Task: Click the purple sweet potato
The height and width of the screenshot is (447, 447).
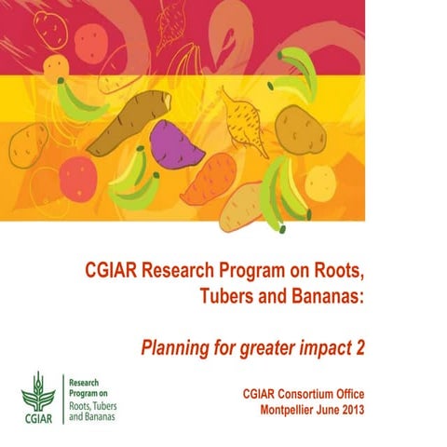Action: pos(176,144)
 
